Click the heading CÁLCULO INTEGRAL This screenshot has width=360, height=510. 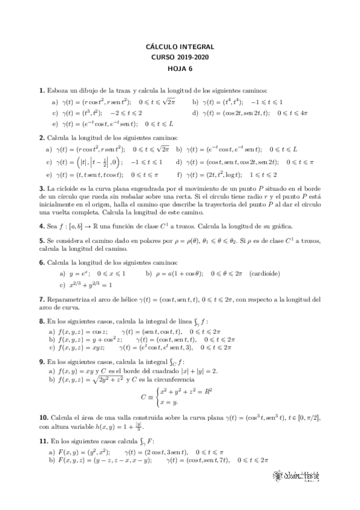[x=180, y=46]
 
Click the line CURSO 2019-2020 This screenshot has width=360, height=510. [x=180, y=57]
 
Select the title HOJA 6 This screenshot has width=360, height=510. [x=180, y=69]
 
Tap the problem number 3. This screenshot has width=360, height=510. [x=41, y=188]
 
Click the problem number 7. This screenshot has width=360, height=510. [x=41, y=299]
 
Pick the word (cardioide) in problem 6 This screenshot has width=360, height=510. [x=265, y=272]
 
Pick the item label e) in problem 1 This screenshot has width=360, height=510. [x=55, y=124]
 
